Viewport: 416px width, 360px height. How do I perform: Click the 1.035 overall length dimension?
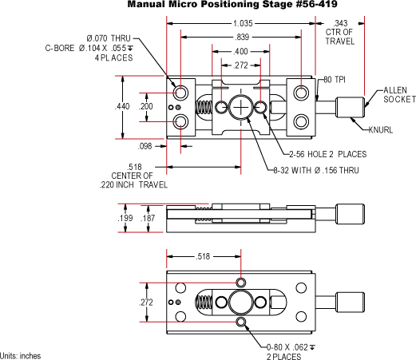pos(243,23)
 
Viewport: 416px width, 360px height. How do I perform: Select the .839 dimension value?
pos(242,37)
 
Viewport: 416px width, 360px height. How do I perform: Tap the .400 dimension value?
pos(240,51)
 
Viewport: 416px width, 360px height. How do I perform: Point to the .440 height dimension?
pos(122,106)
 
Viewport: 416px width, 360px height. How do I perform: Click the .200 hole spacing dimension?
pos(146,106)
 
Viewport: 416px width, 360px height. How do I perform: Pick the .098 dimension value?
pos(145,146)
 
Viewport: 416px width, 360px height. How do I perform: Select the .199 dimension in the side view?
pos(125,218)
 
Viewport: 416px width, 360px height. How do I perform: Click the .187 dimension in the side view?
pos(148,218)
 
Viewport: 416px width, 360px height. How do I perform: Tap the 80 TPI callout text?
pos(335,80)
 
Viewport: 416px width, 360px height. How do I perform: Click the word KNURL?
pos(381,130)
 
